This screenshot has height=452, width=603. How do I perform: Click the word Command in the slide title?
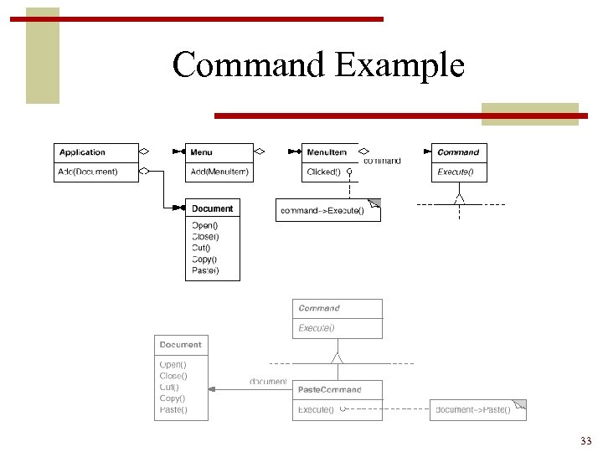(x=250, y=64)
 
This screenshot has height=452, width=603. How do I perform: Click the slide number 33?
(x=585, y=441)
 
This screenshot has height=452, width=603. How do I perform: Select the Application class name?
(x=83, y=152)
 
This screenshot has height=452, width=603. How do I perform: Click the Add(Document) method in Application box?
(x=87, y=172)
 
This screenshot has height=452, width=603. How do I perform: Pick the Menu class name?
(x=201, y=152)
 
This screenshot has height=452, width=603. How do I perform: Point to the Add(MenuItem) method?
(x=219, y=172)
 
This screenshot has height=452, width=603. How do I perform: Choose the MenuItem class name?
(x=327, y=152)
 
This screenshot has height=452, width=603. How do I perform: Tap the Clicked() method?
(x=323, y=172)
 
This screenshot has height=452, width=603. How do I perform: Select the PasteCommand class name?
(x=330, y=389)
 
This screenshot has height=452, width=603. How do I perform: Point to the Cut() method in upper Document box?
(x=201, y=248)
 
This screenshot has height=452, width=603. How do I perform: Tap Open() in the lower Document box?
(x=173, y=365)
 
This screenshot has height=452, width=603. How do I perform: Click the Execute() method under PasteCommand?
(x=316, y=410)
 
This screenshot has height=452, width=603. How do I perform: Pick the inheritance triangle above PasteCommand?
(x=337, y=358)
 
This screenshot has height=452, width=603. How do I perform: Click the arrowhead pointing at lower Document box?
(x=213, y=389)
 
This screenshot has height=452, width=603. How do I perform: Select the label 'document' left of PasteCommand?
(x=268, y=382)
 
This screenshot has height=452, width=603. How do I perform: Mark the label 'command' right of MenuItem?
(x=382, y=161)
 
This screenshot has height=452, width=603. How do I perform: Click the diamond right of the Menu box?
(x=260, y=152)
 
